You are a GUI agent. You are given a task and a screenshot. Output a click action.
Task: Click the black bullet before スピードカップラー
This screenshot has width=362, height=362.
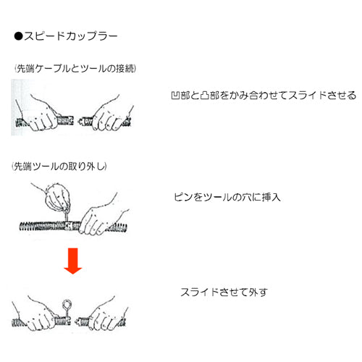[18, 36]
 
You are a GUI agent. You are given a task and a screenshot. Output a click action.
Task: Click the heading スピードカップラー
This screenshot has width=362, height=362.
[70, 36]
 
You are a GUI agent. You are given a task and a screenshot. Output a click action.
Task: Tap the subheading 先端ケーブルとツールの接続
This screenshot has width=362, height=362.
[75, 69]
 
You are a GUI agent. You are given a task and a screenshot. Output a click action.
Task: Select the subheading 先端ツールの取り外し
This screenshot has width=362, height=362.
[59, 167]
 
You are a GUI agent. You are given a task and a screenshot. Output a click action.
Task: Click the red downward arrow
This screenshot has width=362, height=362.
[73, 261]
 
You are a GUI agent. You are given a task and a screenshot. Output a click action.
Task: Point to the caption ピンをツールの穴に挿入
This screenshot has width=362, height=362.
[227, 198]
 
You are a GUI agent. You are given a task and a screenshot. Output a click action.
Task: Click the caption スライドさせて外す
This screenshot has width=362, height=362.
[224, 292]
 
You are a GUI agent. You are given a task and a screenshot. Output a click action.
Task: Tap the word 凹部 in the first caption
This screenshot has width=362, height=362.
[180, 96]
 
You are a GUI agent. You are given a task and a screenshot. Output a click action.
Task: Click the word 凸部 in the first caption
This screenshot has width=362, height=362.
[210, 96]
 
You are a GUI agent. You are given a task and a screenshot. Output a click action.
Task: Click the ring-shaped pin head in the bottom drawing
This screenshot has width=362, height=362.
[67, 303]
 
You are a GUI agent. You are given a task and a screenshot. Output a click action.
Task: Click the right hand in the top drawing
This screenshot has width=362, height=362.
[111, 115]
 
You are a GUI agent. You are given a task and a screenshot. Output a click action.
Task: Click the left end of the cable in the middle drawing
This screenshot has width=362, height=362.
[20, 227]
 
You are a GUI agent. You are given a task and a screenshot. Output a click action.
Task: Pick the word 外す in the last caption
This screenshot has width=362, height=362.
[258, 292]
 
